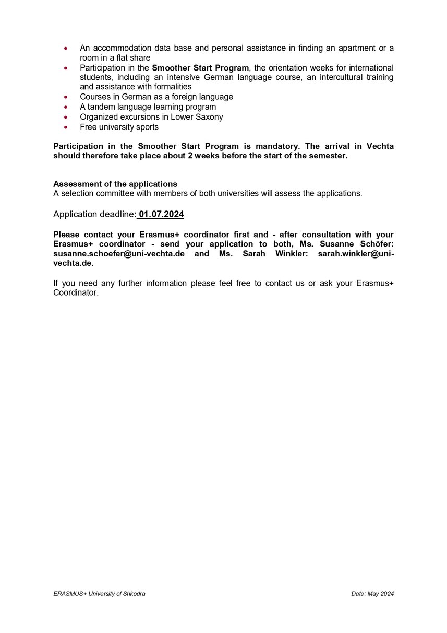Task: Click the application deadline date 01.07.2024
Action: tap(161, 214)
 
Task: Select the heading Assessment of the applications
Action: tap(115, 184)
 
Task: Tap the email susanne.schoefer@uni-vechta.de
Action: tap(119, 253)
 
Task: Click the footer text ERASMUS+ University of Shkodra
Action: tap(99, 594)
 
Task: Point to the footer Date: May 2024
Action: tap(372, 594)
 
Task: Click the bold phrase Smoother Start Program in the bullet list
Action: tap(200, 68)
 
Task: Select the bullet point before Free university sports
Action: tap(65, 127)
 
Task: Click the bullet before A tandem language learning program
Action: tap(65, 107)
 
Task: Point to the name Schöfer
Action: tap(378, 244)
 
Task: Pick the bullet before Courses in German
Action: tap(65, 97)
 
